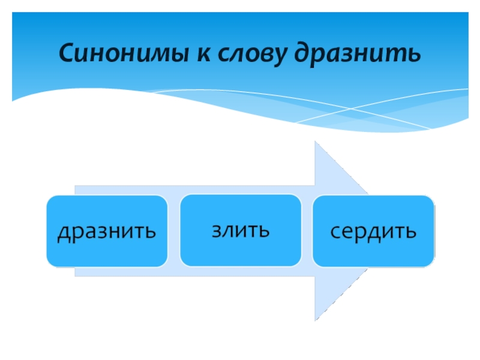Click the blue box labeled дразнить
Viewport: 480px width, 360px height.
coord(107,231)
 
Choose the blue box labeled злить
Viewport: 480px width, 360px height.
coord(240,230)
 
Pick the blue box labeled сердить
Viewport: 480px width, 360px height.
coord(373,231)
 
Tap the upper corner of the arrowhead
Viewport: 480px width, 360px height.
coord(315,142)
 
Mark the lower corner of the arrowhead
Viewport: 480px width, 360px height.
coord(315,320)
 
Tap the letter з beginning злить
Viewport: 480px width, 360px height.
coord(215,231)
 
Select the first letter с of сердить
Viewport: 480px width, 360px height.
coord(335,232)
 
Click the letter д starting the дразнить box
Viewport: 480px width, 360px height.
coord(63,233)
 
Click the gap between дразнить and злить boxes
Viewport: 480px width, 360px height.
coord(173,231)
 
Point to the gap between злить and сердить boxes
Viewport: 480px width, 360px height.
coord(307,231)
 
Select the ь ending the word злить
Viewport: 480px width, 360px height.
coord(264,231)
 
